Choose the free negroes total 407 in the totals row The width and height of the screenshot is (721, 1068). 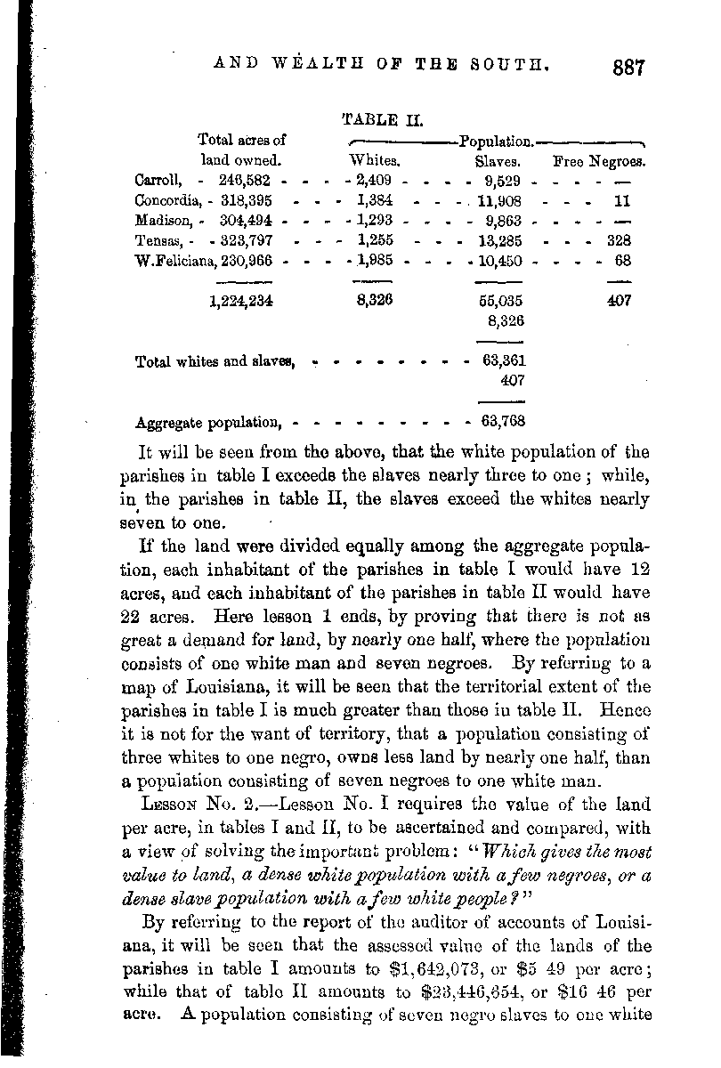(x=619, y=301)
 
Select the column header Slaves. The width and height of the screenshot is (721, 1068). (x=498, y=162)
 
